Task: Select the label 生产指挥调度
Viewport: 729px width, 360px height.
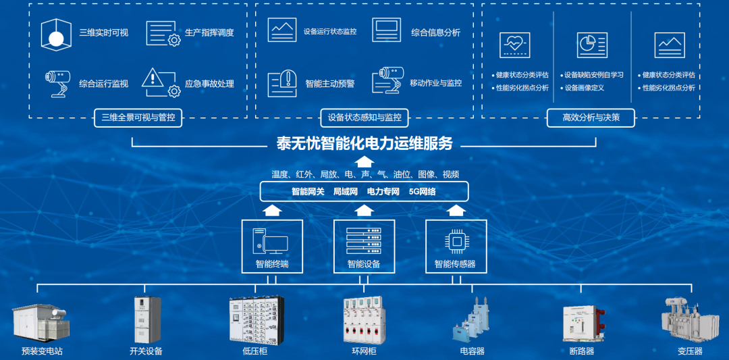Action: pyautogui.click(x=209, y=32)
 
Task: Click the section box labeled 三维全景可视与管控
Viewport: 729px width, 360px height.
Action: pyautogui.click(x=138, y=118)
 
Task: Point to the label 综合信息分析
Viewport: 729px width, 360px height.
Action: pyautogui.click(x=435, y=32)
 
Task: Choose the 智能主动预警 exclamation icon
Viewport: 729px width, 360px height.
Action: pyautogui.click(x=282, y=83)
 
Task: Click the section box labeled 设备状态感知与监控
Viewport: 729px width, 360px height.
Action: pyautogui.click(x=364, y=118)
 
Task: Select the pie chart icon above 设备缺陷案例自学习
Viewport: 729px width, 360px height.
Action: pyautogui.click(x=592, y=45)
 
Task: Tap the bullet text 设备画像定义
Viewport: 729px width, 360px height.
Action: pyautogui.click(x=584, y=88)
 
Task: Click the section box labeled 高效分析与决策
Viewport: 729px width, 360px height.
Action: pyautogui.click(x=591, y=118)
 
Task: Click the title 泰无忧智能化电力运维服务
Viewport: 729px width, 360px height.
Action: pyautogui.click(x=364, y=143)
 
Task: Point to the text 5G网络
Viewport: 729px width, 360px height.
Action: pyautogui.click(x=422, y=191)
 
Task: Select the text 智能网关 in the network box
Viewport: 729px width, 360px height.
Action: pyautogui.click(x=308, y=191)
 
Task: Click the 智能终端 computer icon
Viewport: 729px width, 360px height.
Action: pyautogui.click(x=270, y=240)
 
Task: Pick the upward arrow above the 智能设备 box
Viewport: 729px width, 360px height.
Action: pyautogui.click(x=364, y=211)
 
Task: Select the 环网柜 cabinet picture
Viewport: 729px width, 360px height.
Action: pyautogui.click(x=364, y=320)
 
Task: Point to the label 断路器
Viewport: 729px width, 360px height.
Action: pyautogui.click(x=581, y=351)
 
